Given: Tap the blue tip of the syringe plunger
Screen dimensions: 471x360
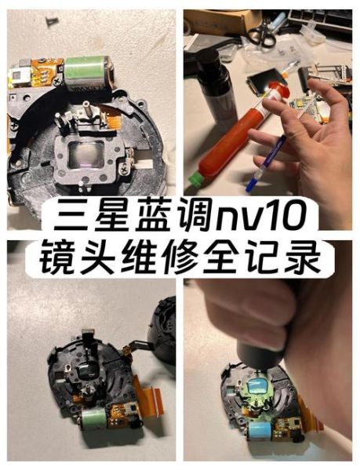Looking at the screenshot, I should point(251,187).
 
